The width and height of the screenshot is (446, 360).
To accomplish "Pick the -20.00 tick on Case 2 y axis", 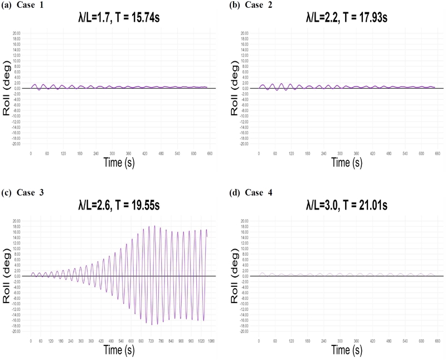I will (244, 143).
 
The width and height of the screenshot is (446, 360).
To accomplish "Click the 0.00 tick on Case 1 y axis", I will (17, 88).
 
